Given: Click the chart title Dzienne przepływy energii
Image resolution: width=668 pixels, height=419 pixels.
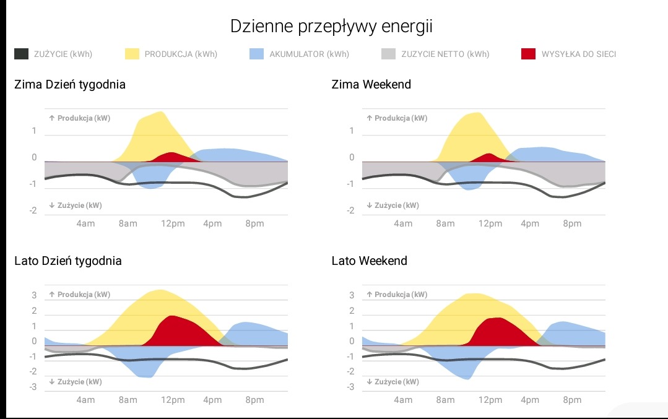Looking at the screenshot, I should (x=331, y=27).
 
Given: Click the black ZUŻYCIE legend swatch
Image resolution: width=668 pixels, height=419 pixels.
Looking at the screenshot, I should (x=21, y=54).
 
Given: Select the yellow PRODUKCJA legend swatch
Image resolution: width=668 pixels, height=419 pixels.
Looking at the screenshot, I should (x=132, y=54).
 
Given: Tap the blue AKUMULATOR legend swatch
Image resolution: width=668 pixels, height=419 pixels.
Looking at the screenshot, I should (x=257, y=54).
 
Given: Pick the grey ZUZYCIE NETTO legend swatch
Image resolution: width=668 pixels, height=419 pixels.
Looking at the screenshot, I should (x=388, y=54).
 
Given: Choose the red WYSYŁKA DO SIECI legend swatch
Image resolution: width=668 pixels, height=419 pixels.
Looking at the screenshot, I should (x=528, y=54).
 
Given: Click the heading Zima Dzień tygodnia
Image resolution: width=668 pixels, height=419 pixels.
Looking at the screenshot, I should (x=70, y=85).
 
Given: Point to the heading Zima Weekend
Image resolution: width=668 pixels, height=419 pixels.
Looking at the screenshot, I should (x=371, y=85).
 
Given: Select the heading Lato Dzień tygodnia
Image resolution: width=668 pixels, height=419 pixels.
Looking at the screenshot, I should (x=68, y=261).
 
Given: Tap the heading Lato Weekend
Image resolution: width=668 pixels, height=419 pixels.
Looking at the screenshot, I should (x=370, y=261).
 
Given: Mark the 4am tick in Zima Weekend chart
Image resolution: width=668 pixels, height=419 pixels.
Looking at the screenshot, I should (x=403, y=223).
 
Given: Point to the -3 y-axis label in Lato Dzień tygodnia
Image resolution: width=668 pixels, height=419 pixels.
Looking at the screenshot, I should (x=34, y=387).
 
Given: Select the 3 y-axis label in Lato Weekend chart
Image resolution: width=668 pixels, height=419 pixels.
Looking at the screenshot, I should (x=352, y=295).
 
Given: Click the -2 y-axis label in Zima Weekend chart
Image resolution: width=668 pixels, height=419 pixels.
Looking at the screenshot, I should (x=351, y=211).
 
